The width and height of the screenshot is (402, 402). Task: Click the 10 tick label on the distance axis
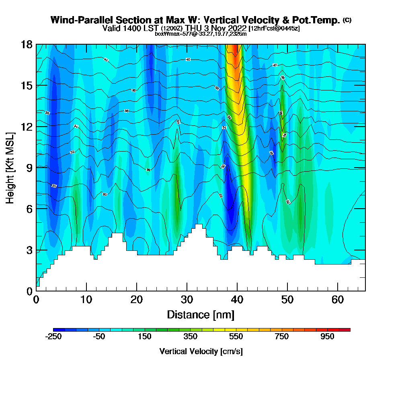[86, 300]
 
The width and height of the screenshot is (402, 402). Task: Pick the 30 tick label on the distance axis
[187, 300]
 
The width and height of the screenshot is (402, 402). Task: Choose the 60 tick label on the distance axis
[338, 300]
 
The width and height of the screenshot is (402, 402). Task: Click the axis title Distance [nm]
[201, 314]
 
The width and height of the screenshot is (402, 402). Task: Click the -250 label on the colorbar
[53, 337]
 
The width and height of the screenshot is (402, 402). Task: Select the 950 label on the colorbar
[327, 337]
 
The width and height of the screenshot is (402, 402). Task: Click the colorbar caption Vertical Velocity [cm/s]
[201, 351]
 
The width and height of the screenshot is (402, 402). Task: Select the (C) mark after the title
[347, 20]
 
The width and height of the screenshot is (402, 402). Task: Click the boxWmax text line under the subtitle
[201, 34]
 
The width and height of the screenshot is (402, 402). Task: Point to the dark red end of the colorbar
[345, 330]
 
